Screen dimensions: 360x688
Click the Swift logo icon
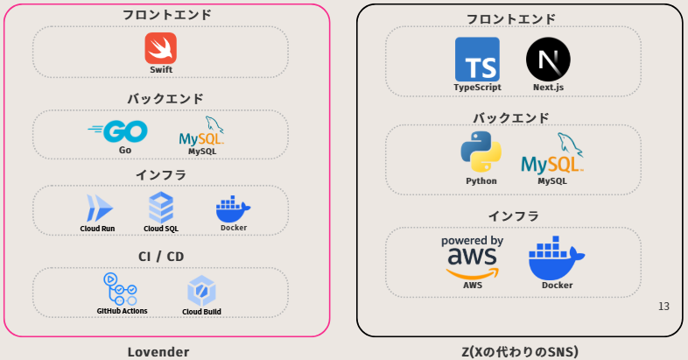tap(161, 48)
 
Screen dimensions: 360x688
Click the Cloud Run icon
tap(97, 208)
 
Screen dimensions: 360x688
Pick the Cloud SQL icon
tap(161, 208)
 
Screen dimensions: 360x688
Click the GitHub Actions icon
tap(121, 289)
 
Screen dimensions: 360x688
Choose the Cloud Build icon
tap(201, 290)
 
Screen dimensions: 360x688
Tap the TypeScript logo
tap(477, 60)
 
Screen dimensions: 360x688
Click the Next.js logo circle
tap(548, 60)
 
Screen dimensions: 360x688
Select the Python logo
tap(481, 152)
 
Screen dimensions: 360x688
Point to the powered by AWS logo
tap(472, 256)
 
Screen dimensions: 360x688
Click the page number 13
tap(663, 307)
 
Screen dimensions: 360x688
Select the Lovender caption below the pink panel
tap(158, 352)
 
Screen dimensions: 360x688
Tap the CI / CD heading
tap(160, 257)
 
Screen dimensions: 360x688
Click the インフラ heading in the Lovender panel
tap(160, 175)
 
